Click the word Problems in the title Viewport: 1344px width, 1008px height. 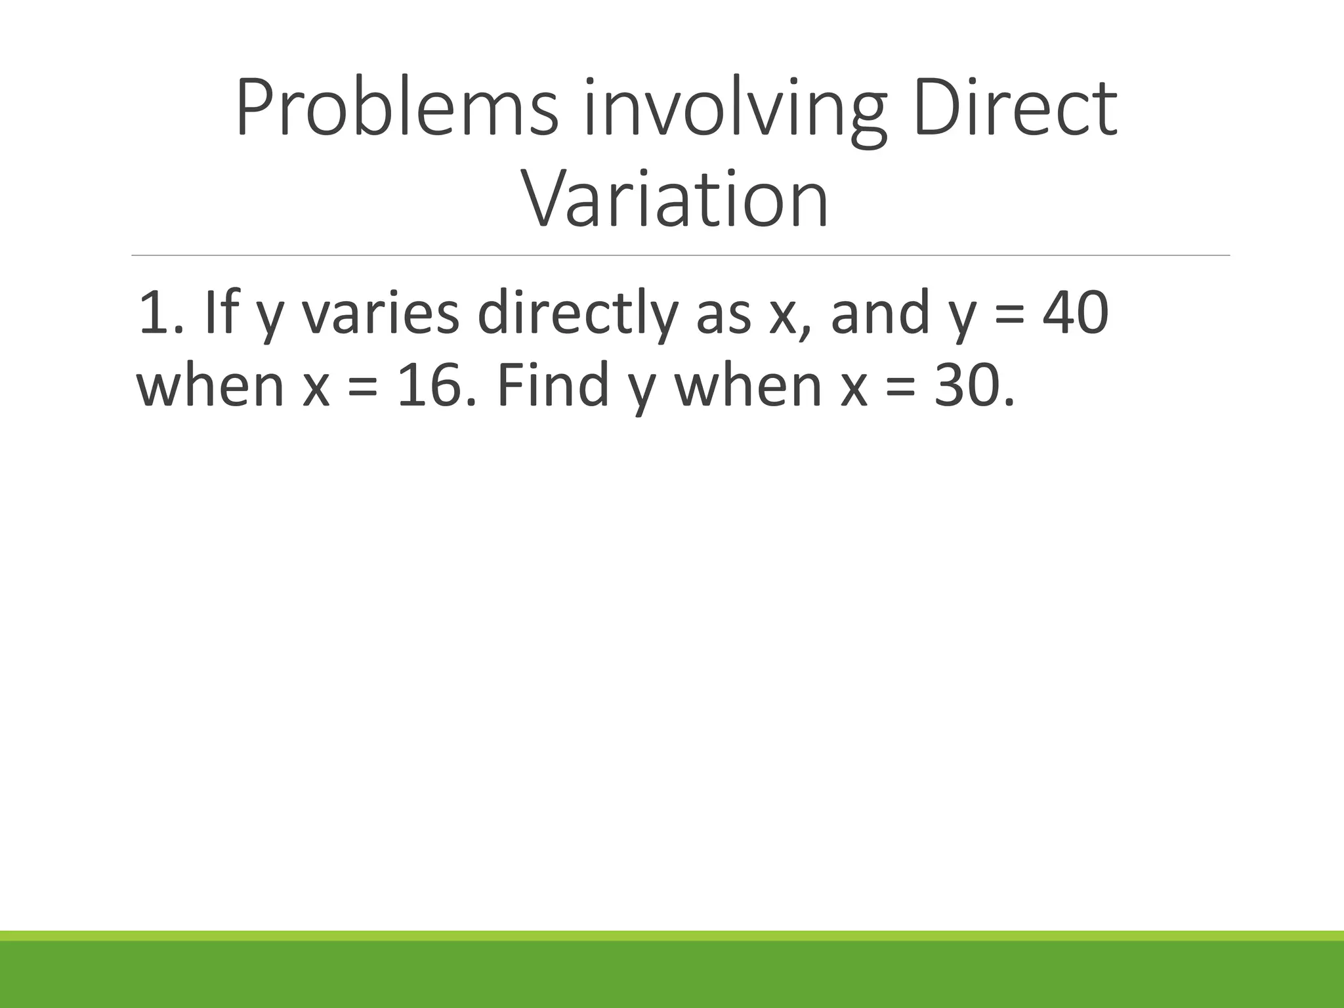[x=397, y=108]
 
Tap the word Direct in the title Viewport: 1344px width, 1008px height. [x=1014, y=108]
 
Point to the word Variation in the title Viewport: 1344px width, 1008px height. [x=674, y=199]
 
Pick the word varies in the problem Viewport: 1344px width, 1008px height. [x=380, y=314]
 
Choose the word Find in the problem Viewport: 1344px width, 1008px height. [x=553, y=386]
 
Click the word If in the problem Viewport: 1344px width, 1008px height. [x=219, y=314]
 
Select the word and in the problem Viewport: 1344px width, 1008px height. [x=881, y=314]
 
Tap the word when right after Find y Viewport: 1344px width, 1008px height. [x=748, y=386]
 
